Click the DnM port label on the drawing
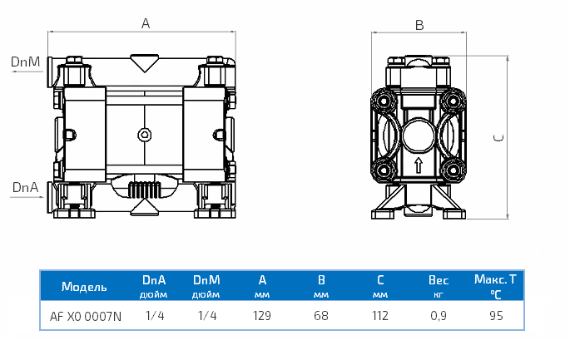coord(24,62)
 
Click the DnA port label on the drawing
coord(24,188)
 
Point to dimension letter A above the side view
coord(145,24)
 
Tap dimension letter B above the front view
coord(419,25)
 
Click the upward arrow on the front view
coord(418,165)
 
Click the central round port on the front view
coord(418,132)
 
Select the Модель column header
coord(84,287)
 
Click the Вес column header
coord(438,281)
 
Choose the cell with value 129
coord(264,316)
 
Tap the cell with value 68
coord(321,316)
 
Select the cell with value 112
coord(380,316)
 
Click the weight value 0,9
coord(438,316)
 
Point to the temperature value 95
coord(496,316)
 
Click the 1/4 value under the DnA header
coord(154,316)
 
